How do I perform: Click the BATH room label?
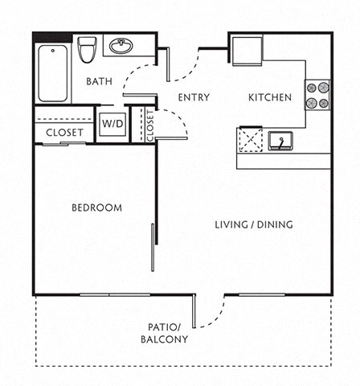click(x=99, y=81)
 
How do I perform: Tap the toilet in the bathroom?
click(x=87, y=49)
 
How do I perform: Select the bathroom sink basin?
click(x=121, y=46)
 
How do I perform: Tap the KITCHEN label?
click(x=269, y=98)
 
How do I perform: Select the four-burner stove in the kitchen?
click(x=317, y=95)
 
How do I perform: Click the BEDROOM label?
click(x=96, y=207)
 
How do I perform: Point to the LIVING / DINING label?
click(x=254, y=224)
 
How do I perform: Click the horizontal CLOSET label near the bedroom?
click(x=64, y=133)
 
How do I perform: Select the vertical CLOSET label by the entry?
click(x=150, y=125)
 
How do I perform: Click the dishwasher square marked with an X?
click(x=251, y=140)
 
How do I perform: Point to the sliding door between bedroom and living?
click(x=153, y=248)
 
